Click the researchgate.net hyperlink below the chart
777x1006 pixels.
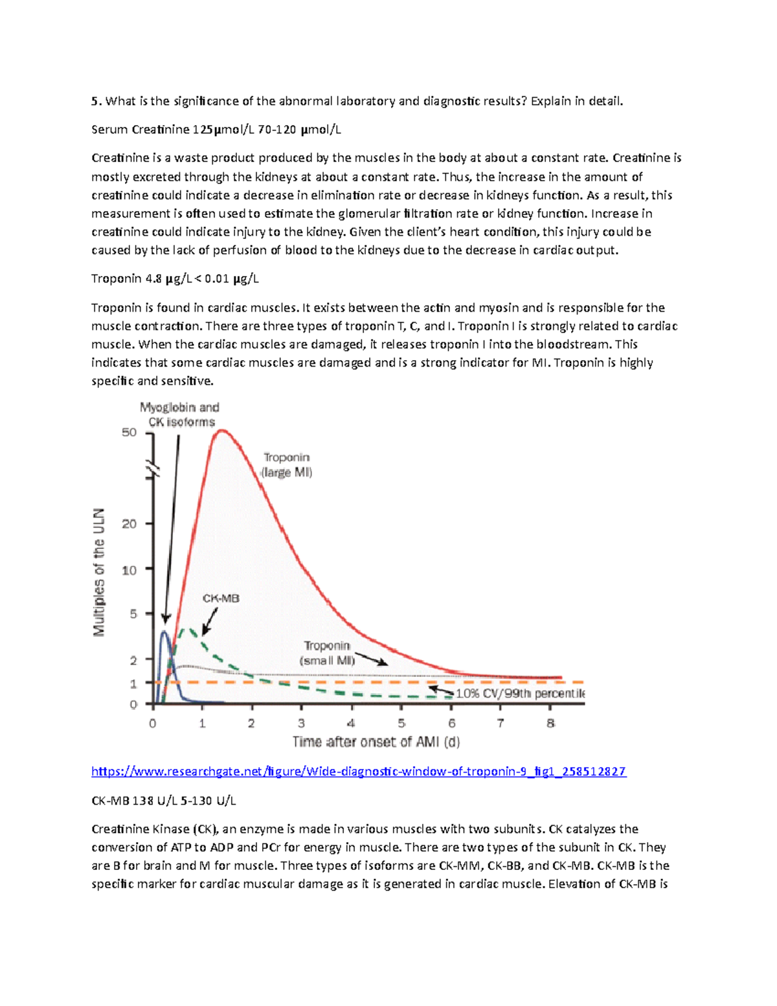tap(358, 771)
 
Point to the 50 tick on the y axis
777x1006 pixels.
tap(129, 432)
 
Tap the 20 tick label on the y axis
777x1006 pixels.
tap(129, 523)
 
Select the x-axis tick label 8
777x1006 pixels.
tap(550, 723)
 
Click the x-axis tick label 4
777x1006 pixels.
tap(351, 723)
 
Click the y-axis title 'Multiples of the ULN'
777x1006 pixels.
tap(98, 571)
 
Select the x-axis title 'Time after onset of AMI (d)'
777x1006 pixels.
tap(376, 742)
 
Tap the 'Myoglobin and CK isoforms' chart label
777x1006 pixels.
tap(180, 415)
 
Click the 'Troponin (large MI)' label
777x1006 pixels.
tap(286, 465)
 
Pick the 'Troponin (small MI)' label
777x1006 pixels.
tap(327, 653)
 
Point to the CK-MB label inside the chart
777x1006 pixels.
tap(221, 598)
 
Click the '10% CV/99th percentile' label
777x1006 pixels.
tap(520, 693)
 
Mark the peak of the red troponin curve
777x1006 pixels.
tap(221, 430)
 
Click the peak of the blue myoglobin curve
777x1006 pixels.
tap(164, 632)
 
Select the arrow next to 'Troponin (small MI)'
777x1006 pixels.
tap(372, 659)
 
